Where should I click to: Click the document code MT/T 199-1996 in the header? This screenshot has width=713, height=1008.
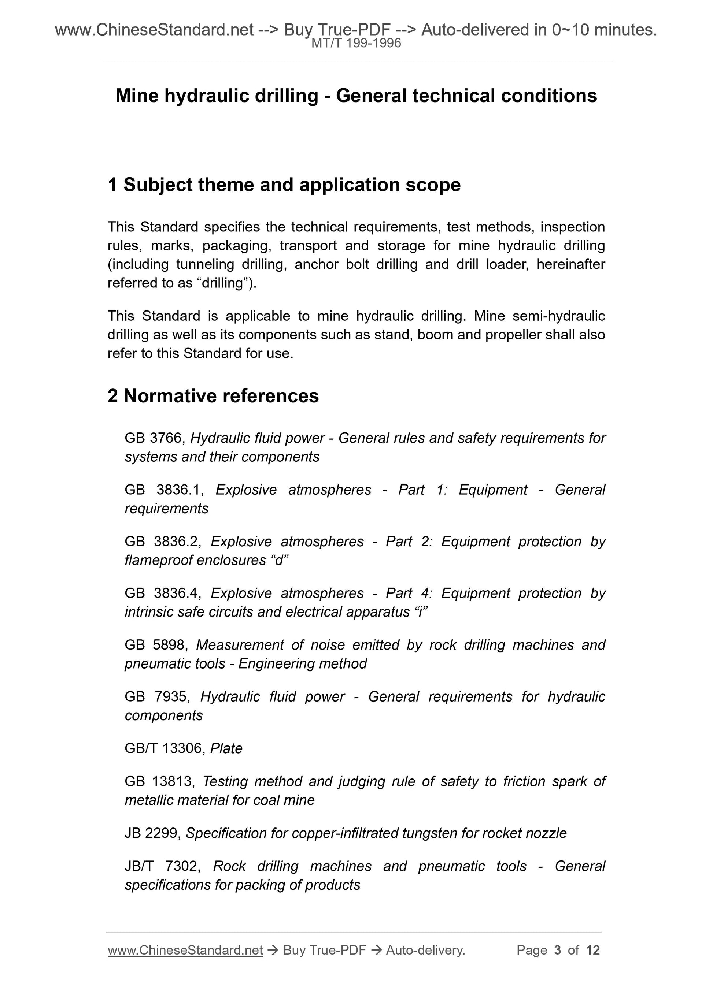click(356, 43)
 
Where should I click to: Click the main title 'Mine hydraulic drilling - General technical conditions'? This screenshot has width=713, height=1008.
click(356, 96)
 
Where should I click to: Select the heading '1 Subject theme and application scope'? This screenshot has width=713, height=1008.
click(284, 185)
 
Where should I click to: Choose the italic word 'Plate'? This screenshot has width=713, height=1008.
click(226, 748)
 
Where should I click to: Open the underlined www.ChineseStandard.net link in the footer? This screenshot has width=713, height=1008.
click(185, 950)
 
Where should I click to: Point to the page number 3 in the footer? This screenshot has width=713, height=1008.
click(558, 950)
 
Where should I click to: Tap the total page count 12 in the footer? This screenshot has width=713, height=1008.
click(592, 950)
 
